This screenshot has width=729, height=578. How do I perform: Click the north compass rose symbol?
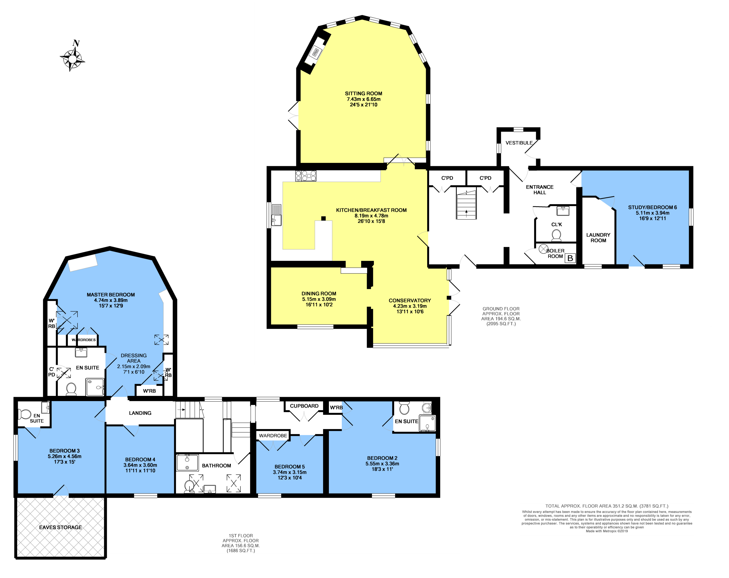tap(72, 59)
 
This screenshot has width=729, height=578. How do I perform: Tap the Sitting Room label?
tap(363, 93)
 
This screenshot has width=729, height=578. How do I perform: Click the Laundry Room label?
tap(598, 237)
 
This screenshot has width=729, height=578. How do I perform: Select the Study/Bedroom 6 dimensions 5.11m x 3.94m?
tap(652, 213)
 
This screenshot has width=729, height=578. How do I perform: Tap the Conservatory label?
tap(409, 300)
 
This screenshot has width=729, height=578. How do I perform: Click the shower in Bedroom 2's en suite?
tap(427, 423)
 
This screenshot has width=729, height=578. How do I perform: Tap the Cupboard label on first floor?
tap(304, 406)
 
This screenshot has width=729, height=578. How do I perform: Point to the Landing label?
tap(140, 413)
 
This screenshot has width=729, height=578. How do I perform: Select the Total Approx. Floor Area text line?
tap(607, 506)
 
